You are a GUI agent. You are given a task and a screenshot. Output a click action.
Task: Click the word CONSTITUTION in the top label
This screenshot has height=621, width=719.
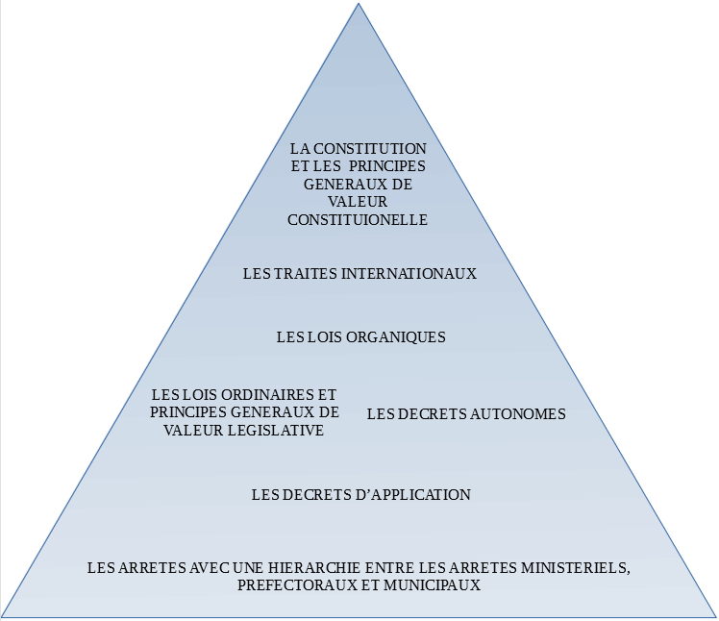click(378, 149)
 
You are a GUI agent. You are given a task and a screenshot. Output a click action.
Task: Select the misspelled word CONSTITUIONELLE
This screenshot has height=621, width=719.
click(358, 219)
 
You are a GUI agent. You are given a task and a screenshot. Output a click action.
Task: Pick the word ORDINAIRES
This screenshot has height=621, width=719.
click(262, 395)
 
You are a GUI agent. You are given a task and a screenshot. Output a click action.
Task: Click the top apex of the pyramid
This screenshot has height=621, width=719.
click(359, 4)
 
